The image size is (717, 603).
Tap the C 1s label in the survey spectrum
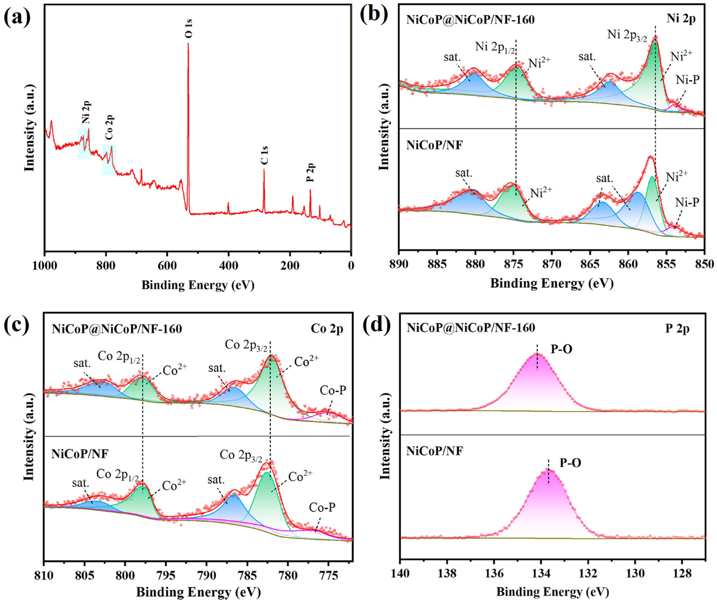[x=264, y=156]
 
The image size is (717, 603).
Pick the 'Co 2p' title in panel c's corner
[x=327, y=329]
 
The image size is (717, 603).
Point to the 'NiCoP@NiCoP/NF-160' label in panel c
[x=117, y=329]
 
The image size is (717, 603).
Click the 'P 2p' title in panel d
[x=677, y=329]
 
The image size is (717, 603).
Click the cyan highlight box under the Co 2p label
[x=109, y=159]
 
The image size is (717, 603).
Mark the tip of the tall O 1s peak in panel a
[x=188, y=44]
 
